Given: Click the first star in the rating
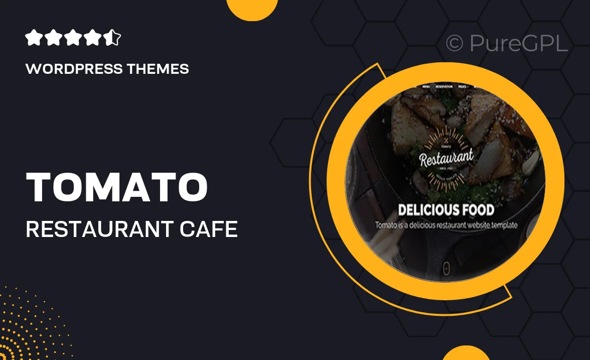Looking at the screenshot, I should coord(34,38).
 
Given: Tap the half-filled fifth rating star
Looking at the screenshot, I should coord(113,38).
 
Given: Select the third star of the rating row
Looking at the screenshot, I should coord(73,38).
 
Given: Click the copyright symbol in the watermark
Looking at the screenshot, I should coord(455,44).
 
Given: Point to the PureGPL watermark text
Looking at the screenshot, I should coord(518,44).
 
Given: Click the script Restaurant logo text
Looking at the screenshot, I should coord(447,158).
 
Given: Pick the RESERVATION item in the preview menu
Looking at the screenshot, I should coord(444,87).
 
